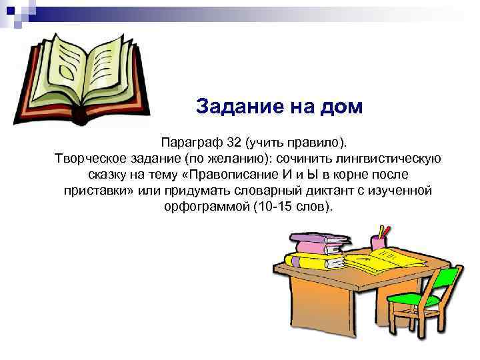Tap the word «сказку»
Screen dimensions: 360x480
click(x=109, y=175)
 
